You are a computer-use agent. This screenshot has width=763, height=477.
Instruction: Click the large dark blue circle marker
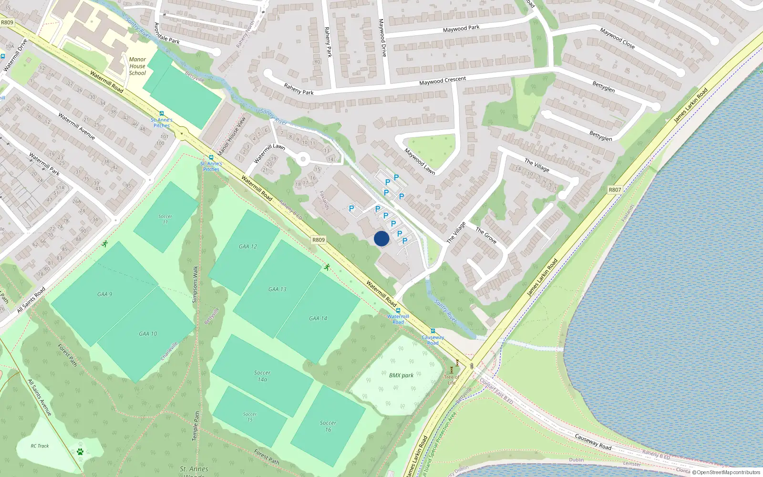(x=381, y=238)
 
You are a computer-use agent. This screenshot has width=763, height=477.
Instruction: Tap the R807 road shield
(x=615, y=190)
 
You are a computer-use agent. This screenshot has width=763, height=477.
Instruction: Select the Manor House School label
(x=137, y=66)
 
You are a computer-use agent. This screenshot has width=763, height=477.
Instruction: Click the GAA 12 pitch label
(x=247, y=247)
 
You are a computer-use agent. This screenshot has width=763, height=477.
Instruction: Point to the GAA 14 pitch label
(x=318, y=318)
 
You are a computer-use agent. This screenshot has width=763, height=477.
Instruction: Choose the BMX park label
(x=401, y=375)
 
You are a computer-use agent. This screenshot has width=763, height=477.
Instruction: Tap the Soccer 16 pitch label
(x=328, y=426)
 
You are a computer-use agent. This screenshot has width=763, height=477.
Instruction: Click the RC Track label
(x=40, y=446)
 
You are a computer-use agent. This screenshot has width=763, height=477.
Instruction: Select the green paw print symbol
(x=80, y=451)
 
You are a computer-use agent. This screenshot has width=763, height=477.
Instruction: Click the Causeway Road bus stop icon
(x=433, y=331)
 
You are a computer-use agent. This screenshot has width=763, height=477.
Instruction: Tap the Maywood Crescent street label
(x=443, y=81)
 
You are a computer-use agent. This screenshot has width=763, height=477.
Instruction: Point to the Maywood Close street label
(x=617, y=38)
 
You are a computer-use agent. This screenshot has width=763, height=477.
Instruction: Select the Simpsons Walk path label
(x=195, y=284)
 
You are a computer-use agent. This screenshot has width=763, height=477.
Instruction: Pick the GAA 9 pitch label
(x=104, y=294)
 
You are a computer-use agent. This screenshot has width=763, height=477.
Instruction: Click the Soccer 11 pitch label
(x=165, y=219)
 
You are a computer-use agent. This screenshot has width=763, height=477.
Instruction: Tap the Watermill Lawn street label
(x=269, y=154)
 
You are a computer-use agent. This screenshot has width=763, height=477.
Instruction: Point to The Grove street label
(x=486, y=235)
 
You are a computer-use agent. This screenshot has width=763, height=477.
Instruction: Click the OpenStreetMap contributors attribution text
(x=728, y=472)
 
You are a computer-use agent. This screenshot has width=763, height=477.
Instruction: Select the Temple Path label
(x=196, y=426)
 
